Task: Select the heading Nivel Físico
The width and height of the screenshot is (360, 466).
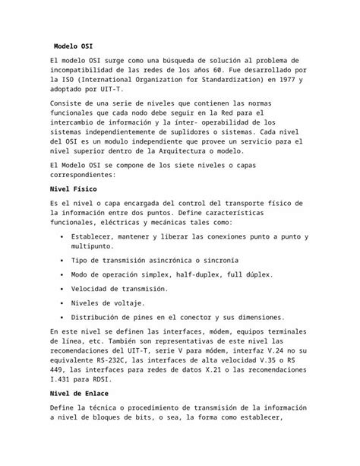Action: pos(72,188)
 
